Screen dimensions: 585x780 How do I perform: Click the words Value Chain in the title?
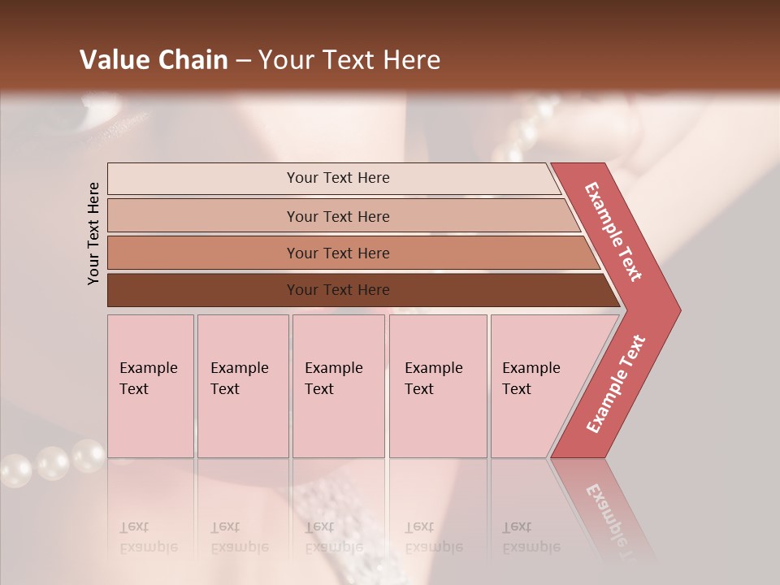pos(154,60)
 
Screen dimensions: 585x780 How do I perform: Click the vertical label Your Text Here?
pos(93,233)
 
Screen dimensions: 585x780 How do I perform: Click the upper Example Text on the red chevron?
pos(613,232)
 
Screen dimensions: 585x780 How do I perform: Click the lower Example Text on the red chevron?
pos(616,383)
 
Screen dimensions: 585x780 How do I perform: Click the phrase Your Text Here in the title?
pos(349,60)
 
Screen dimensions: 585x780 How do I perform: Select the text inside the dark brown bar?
pos(338,290)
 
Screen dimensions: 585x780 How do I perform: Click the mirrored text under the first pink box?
pos(149,537)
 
